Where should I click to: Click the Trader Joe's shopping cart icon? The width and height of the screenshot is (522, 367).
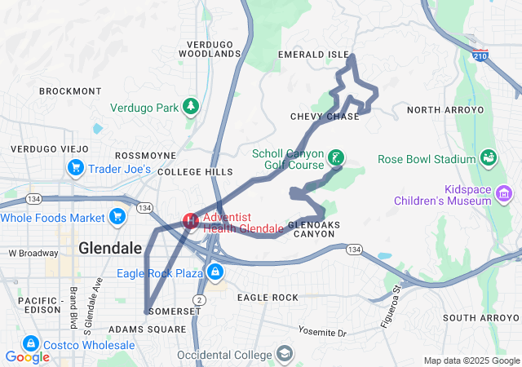click(76, 168)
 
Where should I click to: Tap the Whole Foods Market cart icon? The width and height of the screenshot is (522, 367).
click(117, 217)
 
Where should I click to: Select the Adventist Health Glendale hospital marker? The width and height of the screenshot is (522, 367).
click(190, 221)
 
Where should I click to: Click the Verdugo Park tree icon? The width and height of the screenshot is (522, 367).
click(190, 107)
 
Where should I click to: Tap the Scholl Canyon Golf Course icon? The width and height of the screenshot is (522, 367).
click(334, 157)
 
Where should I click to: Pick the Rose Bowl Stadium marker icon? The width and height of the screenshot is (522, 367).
click(489, 157)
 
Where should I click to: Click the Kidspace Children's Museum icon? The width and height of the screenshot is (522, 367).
click(504, 193)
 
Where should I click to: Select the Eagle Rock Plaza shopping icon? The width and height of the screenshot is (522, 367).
click(215, 272)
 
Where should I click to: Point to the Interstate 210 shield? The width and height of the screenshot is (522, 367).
click(480, 55)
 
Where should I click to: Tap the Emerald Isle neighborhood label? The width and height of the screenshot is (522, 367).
click(313, 55)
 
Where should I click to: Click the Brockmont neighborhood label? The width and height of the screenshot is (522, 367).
click(70, 91)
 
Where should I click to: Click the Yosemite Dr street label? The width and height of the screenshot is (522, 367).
click(322, 333)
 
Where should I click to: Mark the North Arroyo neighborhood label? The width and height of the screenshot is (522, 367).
click(445, 109)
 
